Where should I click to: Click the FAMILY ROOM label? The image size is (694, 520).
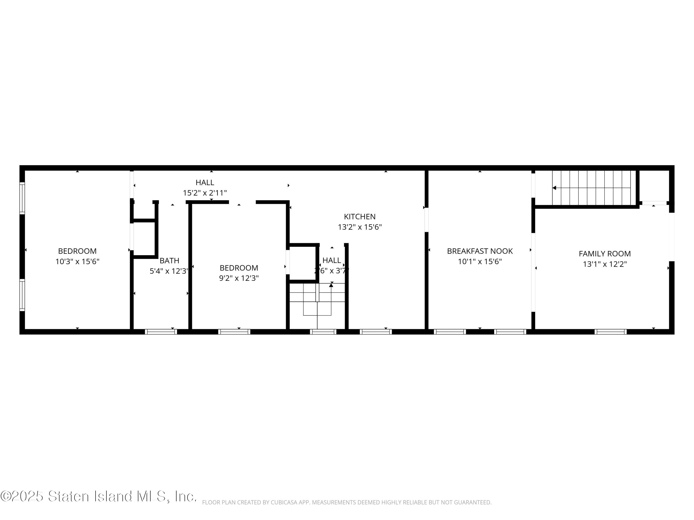tap(604, 254)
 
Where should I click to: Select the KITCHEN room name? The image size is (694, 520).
tap(359, 217)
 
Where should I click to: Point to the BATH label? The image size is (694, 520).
tap(169, 260)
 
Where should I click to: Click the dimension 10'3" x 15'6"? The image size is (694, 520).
tap(77, 261)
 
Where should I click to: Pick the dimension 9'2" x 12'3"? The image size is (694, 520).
tap(239, 278)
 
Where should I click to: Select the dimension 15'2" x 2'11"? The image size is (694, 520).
tap(205, 193)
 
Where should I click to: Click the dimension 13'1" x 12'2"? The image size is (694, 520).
tap(604, 264)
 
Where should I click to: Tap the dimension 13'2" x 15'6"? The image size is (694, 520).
tap(359, 227)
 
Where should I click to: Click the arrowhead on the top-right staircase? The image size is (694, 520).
tap(554, 188)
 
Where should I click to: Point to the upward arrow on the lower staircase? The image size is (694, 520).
tap(331, 285)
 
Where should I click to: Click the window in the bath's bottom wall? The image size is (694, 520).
tap(161, 332)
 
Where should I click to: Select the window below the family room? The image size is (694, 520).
tap(610, 332)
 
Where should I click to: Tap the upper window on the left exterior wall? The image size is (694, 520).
tap(22, 198)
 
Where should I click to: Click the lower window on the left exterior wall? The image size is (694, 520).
tap(22, 295)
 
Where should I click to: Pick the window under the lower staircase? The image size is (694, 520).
tap(323, 332)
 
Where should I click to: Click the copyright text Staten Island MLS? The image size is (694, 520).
tap(99, 496)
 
